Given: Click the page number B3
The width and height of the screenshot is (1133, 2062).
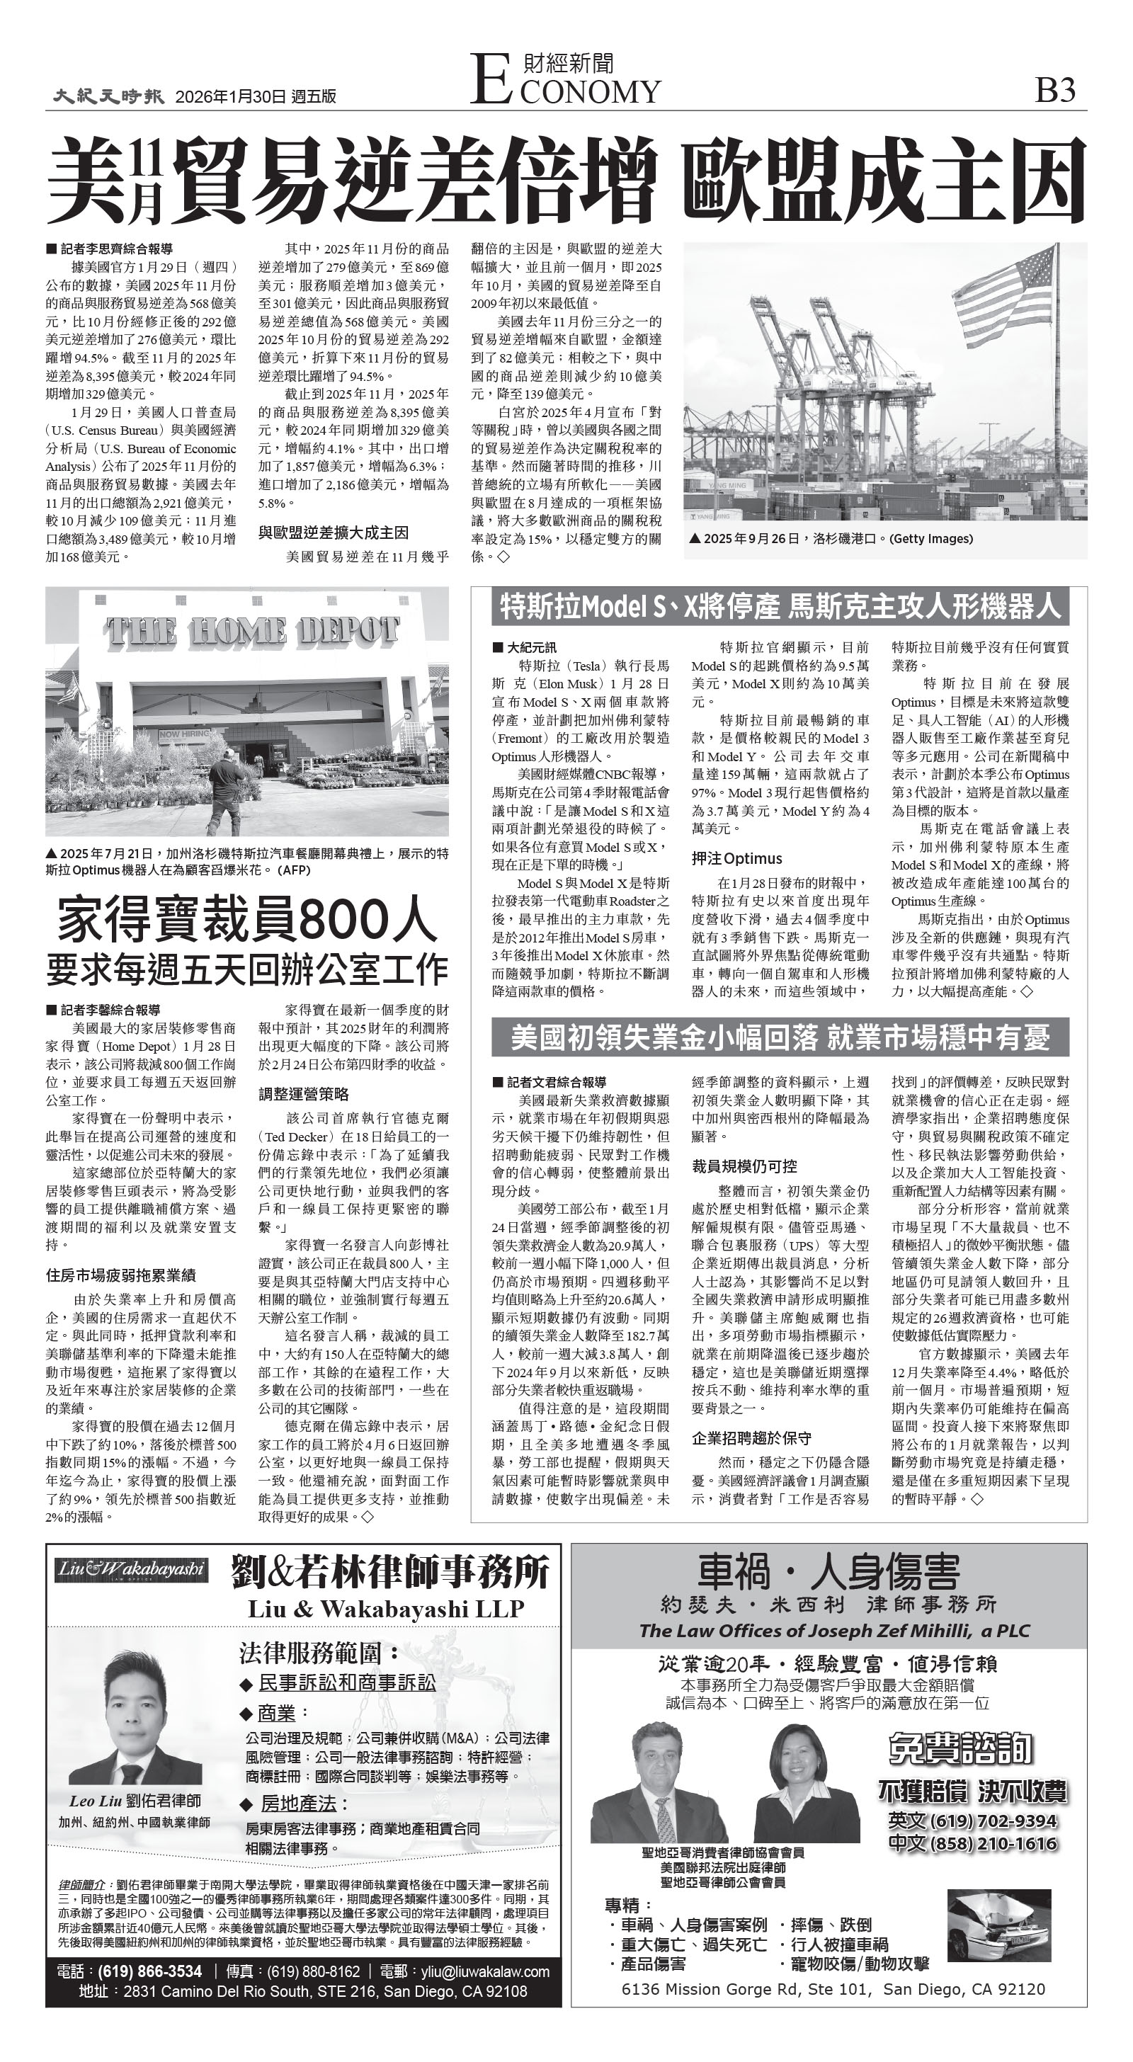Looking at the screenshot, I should pos(1054,91).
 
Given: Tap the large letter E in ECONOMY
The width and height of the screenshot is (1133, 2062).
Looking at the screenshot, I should pos(489,79).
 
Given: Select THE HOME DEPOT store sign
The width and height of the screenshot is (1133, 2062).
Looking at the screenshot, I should pos(251,631).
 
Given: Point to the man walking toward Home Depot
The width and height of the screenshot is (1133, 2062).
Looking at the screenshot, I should pos(226,785).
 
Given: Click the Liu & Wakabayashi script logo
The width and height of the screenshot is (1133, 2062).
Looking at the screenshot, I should pos(131,1570).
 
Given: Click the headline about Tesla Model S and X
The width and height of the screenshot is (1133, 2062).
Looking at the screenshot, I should pos(780,607).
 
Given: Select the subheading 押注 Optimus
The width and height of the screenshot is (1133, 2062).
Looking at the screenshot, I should pos(736,858).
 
